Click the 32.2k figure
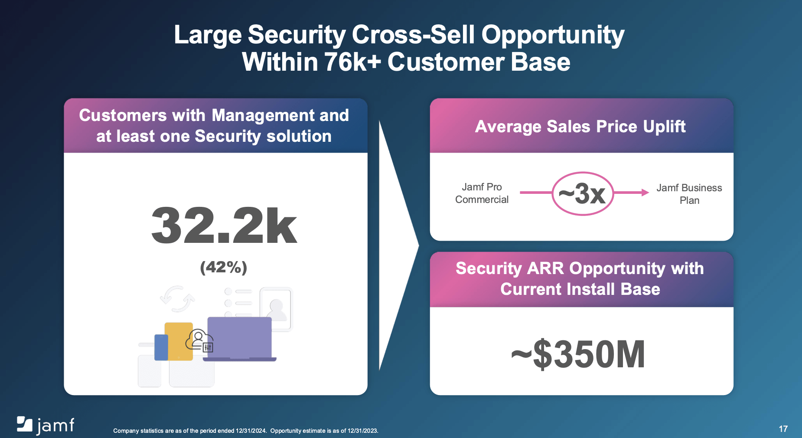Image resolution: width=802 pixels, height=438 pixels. pyautogui.click(x=224, y=226)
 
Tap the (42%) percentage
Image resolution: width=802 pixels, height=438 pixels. pyautogui.click(x=224, y=267)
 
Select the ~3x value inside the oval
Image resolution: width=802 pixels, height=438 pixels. pyautogui.click(x=582, y=193)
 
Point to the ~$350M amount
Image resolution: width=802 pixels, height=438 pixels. pyautogui.click(x=578, y=355)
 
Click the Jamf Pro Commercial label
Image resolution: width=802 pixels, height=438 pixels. pyautogui.click(x=482, y=193)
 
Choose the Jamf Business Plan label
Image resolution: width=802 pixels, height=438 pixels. pyautogui.click(x=689, y=194)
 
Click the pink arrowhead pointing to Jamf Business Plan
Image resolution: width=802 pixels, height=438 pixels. pyautogui.click(x=645, y=193)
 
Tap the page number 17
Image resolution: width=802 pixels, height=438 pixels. pyautogui.click(x=783, y=429)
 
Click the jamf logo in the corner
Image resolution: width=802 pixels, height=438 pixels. pyautogui.click(x=46, y=425)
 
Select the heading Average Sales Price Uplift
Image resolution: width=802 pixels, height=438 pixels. pyautogui.click(x=580, y=127)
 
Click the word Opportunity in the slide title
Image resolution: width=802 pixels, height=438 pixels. pyautogui.click(x=553, y=35)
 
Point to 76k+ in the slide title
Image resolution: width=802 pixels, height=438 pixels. pyautogui.click(x=352, y=62)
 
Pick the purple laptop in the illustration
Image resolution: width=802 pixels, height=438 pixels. pyautogui.click(x=239, y=338)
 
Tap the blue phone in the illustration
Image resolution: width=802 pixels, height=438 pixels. pyautogui.click(x=161, y=347)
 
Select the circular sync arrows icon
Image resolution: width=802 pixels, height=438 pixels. pyautogui.click(x=177, y=299)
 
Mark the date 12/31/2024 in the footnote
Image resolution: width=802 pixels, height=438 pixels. pyautogui.click(x=251, y=431)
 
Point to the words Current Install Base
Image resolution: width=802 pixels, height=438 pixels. pyautogui.click(x=580, y=289)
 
